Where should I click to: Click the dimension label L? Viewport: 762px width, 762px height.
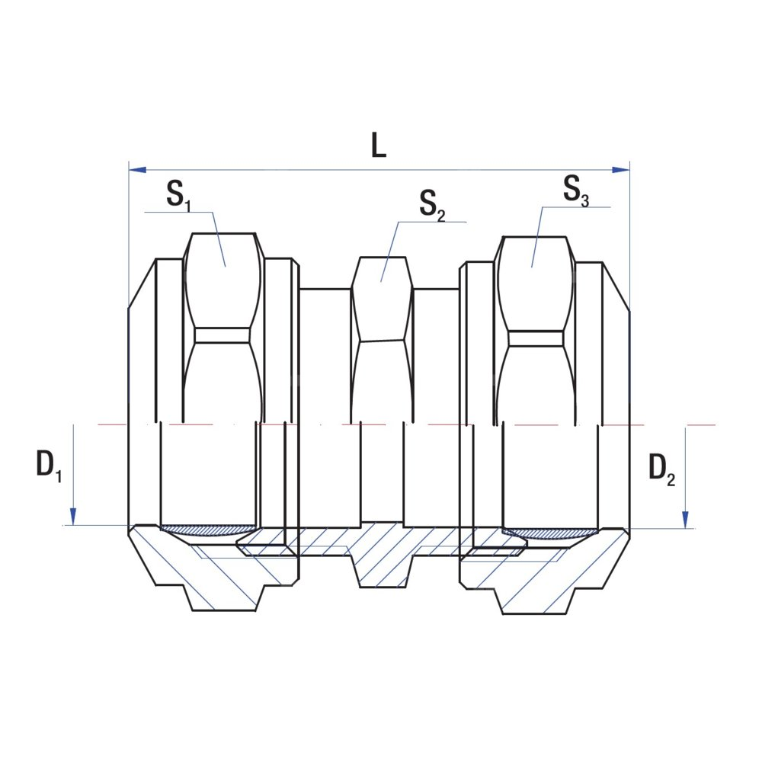point(379,145)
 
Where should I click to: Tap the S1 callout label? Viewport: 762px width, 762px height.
point(179,194)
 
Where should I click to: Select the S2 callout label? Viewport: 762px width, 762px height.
point(432,204)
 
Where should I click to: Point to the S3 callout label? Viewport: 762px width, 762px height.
point(576,190)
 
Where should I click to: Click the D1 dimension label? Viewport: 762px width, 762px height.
point(49,464)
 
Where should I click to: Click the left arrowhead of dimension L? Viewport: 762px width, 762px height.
point(137,170)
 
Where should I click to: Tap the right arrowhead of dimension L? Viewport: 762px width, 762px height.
point(620,170)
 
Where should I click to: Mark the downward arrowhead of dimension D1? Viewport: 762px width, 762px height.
point(73,517)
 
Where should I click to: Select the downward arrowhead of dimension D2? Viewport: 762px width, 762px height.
point(685,520)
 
